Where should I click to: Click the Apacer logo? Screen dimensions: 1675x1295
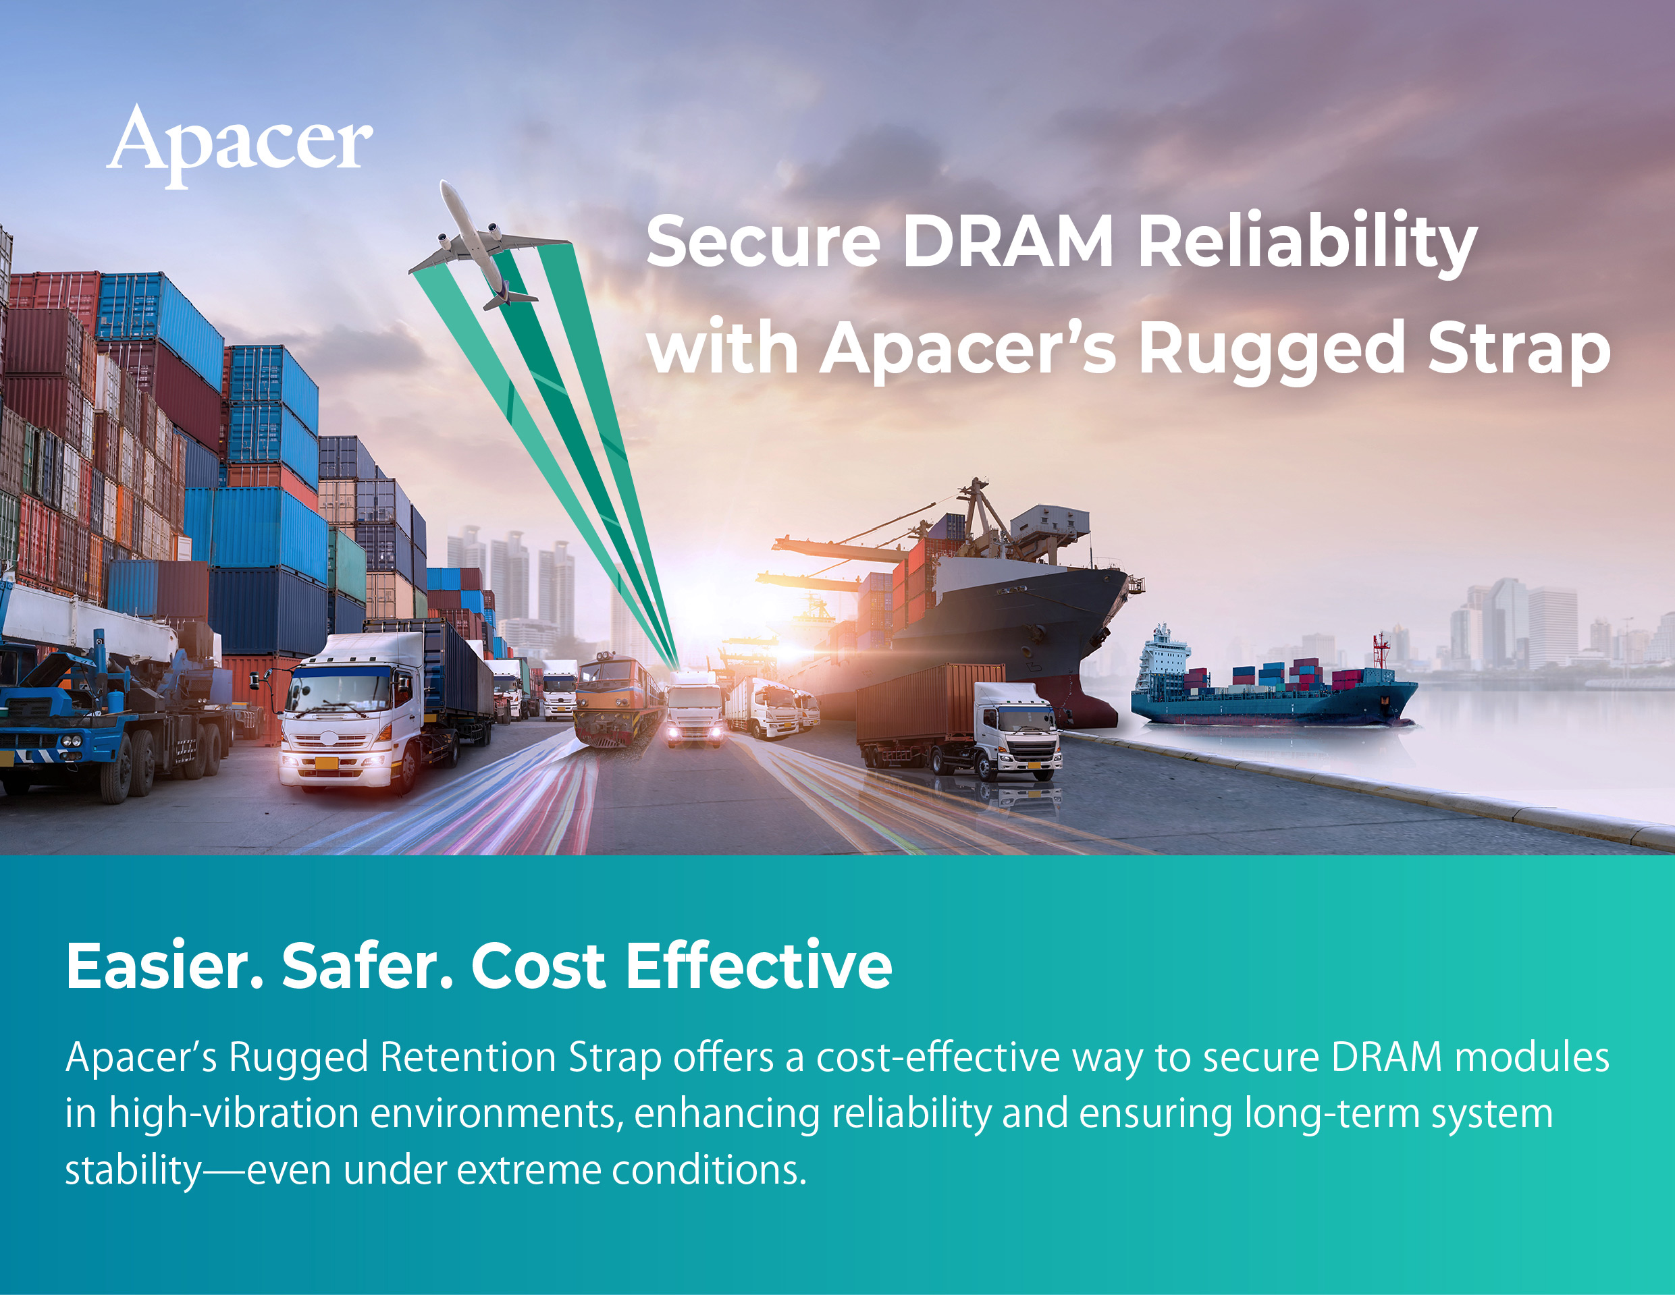[x=239, y=145]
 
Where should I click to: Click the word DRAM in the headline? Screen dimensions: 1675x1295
[x=1008, y=241]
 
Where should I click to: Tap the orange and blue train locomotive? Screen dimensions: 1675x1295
[x=619, y=699]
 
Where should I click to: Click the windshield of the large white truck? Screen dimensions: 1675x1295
[x=338, y=691]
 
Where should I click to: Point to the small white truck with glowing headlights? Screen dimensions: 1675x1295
[x=695, y=709]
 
